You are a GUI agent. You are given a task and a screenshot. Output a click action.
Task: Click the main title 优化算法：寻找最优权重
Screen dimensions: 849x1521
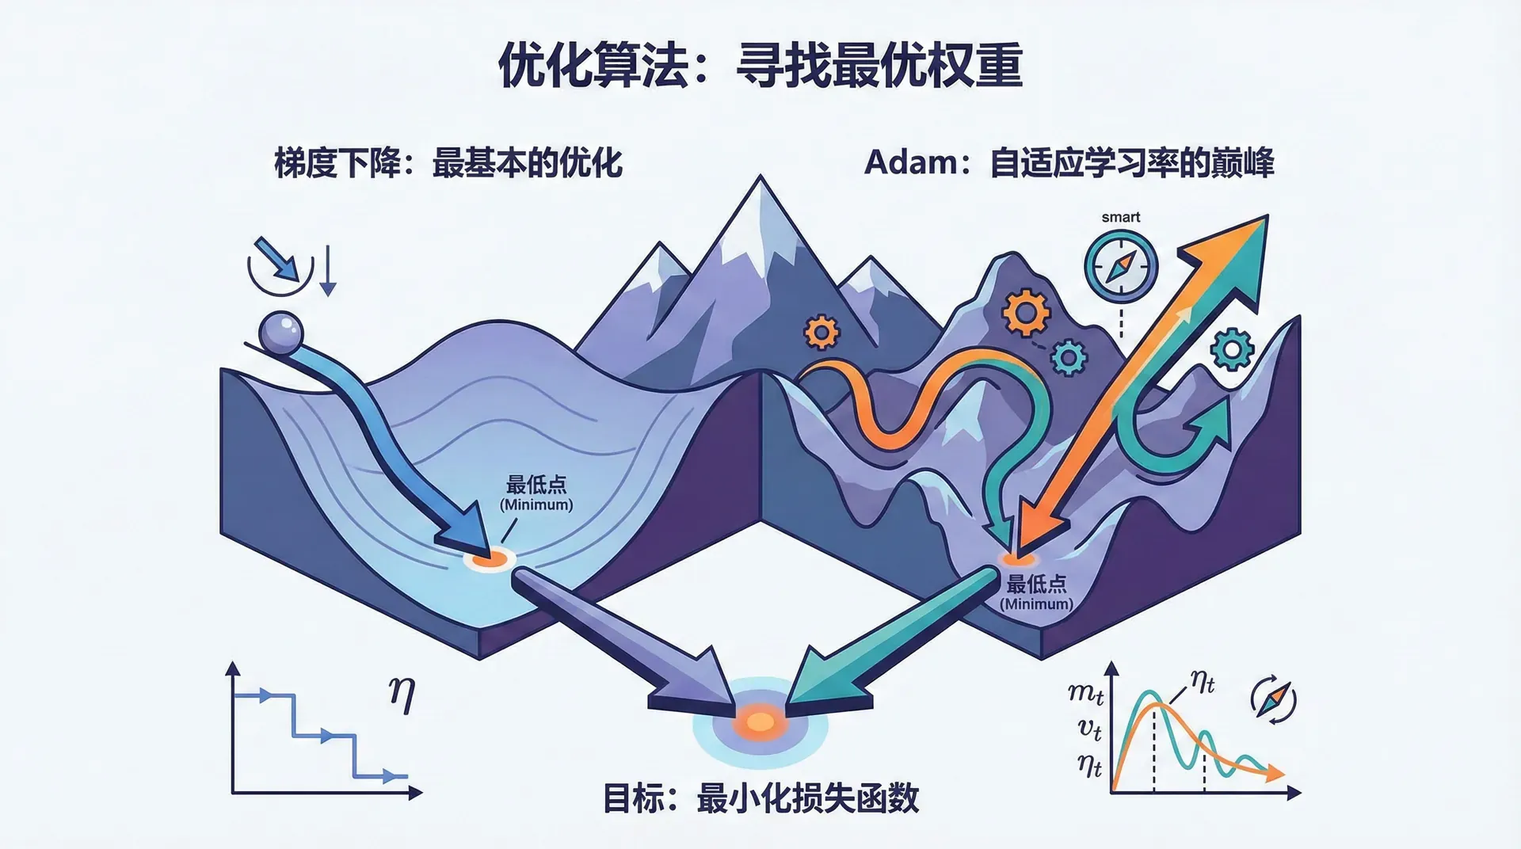coord(760,65)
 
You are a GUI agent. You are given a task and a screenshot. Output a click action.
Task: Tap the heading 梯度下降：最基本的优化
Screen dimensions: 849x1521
coord(448,163)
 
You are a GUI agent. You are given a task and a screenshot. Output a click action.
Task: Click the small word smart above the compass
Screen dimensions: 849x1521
coord(1121,217)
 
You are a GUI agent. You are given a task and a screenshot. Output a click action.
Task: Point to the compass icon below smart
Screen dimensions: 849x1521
coord(1121,267)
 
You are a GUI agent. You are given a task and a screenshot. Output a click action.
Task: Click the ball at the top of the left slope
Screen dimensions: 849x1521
coord(281,332)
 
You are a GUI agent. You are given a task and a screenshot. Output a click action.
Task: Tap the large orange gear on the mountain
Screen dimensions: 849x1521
coord(1026,312)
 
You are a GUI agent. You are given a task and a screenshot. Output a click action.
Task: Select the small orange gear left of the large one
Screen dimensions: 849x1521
coord(821,332)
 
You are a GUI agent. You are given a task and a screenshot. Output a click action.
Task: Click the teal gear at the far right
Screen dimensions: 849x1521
coord(1233,348)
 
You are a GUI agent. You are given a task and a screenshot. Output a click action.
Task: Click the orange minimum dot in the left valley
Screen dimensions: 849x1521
coord(490,559)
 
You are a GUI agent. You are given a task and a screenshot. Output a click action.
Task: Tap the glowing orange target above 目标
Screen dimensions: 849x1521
coord(760,721)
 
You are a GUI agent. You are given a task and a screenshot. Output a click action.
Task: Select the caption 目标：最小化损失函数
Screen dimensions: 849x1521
coord(760,798)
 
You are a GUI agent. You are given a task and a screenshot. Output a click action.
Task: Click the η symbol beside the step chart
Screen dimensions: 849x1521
coord(402,695)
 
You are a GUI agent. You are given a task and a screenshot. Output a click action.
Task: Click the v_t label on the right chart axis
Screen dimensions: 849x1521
coord(1090,729)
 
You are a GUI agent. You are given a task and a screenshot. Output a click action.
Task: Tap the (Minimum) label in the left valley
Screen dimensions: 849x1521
coord(536,504)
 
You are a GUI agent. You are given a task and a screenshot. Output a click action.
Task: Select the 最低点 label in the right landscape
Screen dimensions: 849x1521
coord(1036,584)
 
